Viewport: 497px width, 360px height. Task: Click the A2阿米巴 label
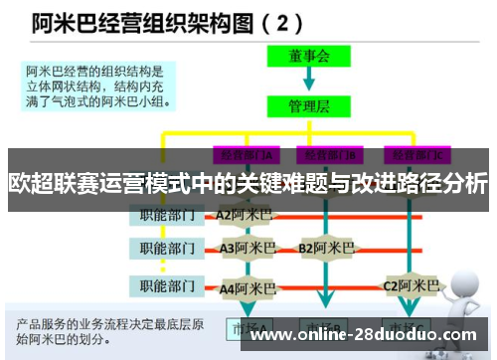tap(244, 214)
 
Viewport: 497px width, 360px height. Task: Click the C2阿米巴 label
tap(411, 286)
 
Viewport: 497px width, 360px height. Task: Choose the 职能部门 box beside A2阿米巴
tap(166, 214)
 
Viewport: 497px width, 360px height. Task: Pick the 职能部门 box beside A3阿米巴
tap(166, 248)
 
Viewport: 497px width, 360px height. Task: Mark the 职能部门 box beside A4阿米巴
tap(166, 287)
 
